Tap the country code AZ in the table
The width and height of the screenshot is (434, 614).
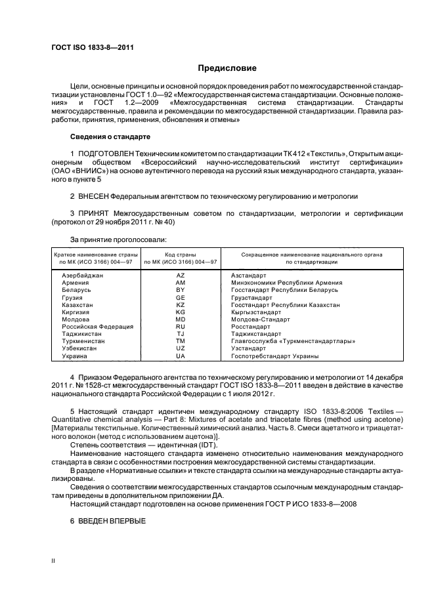pos(181,276)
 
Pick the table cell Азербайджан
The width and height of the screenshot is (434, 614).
pos(82,276)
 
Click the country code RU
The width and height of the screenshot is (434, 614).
pos(181,327)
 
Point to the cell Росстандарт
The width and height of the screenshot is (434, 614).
pos(251,327)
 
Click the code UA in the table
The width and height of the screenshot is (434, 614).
pos(181,356)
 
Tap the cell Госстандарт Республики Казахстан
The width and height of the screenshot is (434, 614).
pos(286,305)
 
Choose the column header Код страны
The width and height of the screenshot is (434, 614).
pos(181,254)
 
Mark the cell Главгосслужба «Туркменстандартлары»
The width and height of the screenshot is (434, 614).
pos(293,341)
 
